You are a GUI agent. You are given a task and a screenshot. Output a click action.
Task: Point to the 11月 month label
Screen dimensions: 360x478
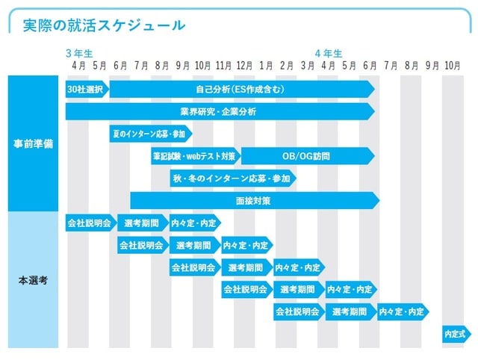tap(223, 66)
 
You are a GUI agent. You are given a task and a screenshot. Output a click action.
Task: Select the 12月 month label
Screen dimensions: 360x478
tap(243, 66)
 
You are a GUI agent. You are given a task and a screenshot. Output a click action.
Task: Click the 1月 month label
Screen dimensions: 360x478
tap(266, 66)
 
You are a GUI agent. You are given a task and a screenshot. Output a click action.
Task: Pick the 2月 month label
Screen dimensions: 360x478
tap(286, 66)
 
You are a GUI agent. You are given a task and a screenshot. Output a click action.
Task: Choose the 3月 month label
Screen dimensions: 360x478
tap(307, 66)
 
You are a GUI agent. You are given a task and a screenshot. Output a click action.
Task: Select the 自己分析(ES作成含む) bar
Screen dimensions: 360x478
tap(240, 90)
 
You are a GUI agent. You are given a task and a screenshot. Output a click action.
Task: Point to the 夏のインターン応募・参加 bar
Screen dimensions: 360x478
tap(149, 134)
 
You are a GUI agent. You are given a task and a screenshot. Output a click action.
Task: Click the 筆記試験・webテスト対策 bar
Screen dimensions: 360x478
tap(194, 156)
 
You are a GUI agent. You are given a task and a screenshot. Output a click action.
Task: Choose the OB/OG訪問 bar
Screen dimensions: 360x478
tap(306, 156)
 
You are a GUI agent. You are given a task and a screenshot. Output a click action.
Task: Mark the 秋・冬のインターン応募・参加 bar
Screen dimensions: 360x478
tap(232, 179)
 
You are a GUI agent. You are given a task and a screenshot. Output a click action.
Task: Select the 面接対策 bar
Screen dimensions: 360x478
tap(254, 201)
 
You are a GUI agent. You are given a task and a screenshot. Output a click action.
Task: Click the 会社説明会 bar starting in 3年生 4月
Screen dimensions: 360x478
tap(89, 223)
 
